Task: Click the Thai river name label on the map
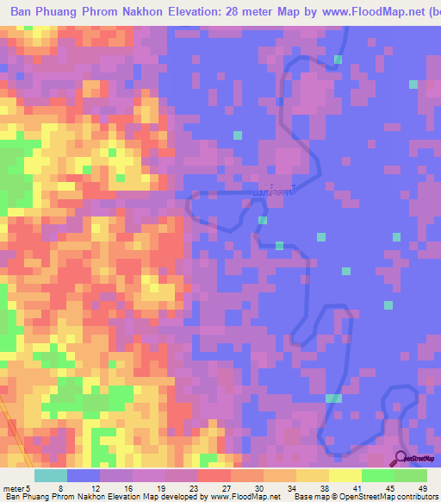(x=275, y=188)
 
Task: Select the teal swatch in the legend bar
(x=51, y=474)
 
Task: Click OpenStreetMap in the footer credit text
(x=367, y=497)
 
